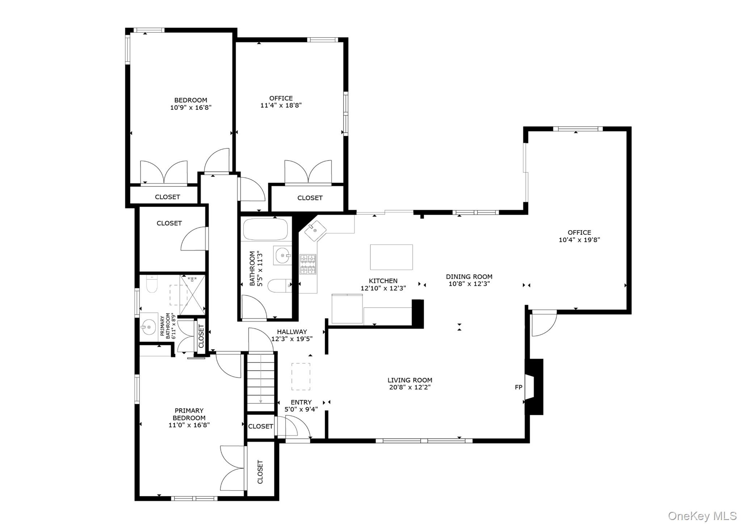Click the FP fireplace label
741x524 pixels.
coord(518,387)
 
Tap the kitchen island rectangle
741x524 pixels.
coord(391,257)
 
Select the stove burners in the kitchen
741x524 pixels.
coord(308,264)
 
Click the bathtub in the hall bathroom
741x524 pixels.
coord(265,229)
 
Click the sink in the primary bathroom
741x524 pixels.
coord(149,327)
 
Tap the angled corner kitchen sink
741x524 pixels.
coord(315,231)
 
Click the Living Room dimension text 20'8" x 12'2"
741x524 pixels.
coord(410,387)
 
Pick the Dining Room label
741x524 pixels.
coord(469,276)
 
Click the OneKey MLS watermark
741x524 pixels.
coord(702,516)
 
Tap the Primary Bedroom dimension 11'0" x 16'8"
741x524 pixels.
coord(189,425)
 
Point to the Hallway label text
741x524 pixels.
coord(292,331)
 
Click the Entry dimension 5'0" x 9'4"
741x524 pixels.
coord(301,409)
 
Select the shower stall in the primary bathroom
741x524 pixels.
coord(192,295)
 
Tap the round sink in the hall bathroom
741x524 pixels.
coord(282,256)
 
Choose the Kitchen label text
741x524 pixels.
coord(383,280)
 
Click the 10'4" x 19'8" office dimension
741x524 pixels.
coord(579,240)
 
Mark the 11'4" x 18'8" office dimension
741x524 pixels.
coord(281,105)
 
